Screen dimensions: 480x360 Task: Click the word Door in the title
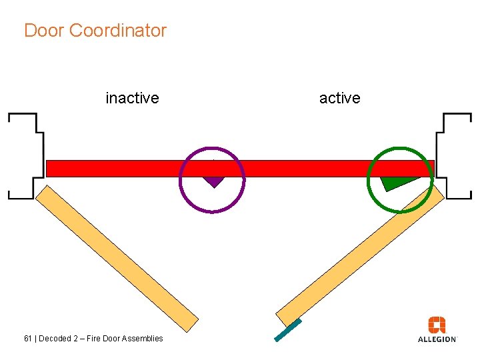coord(44,31)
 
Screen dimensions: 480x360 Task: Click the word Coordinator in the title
coord(117,31)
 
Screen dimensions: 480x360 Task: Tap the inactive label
coord(132,98)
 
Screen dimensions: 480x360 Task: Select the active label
coord(339,98)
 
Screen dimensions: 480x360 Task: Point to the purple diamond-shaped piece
coord(213,181)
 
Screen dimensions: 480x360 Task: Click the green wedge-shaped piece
coord(395,181)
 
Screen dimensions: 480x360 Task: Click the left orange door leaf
coord(117,257)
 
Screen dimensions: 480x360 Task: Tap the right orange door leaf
coord(360,253)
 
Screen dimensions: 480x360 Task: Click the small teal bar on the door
coord(288,331)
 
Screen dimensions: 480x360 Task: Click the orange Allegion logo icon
coord(437,325)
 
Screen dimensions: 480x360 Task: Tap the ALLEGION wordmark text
coord(437,339)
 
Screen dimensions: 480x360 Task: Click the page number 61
coord(28,339)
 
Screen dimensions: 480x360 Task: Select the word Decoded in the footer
coord(56,339)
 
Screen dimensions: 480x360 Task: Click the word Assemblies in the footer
coord(144,339)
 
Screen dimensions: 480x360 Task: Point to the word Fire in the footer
coord(97,339)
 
